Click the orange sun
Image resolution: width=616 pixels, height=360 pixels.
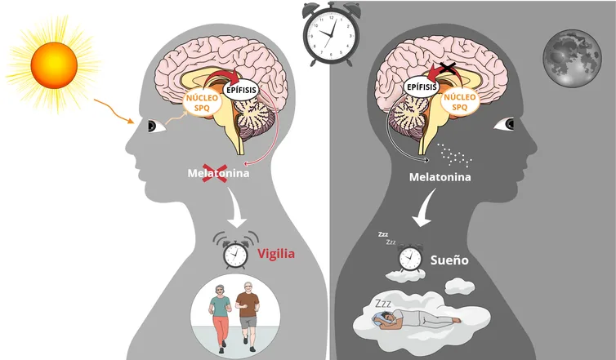click(x=54, y=65)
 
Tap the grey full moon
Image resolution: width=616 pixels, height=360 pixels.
click(x=572, y=58)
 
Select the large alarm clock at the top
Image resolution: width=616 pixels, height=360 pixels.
click(x=331, y=34)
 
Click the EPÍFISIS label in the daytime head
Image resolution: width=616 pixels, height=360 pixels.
click(x=241, y=90)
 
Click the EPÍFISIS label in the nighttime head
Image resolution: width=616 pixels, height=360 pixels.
click(x=422, y=87)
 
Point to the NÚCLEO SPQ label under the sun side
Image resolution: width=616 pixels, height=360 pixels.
click(x=202, y=103)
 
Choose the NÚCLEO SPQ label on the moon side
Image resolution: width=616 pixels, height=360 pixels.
click(x=460, y=102)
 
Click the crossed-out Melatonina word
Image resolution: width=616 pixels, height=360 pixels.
click(x=218, y=173)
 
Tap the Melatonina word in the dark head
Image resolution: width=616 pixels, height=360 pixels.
click(x=440, y=177)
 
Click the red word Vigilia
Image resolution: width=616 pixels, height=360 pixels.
click(x=276, y=254)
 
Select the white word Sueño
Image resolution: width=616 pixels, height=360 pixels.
click(x=449, y=260)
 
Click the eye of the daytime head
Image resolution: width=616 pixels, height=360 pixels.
click(x=157, y=127)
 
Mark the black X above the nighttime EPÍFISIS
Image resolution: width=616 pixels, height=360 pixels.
click(x=447, y=68)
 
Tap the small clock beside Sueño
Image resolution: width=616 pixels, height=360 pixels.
click(x=410, y=258)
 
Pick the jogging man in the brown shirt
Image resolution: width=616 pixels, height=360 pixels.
click(x=247, y=316)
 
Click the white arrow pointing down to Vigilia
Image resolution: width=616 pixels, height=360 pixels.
click(x=237, y=208)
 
